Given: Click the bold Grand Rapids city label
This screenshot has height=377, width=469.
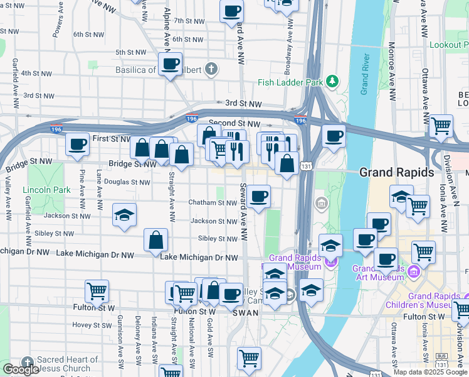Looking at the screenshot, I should tap(397, 172).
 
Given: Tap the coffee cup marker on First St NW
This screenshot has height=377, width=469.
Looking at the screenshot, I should tap(77, 145).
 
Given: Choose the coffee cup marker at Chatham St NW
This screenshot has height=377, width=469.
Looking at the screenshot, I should tap(258, 197).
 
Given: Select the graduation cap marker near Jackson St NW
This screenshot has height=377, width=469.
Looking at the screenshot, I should tap(124, 215).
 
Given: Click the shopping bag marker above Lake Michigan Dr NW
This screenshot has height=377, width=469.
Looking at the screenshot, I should tap(155, 239).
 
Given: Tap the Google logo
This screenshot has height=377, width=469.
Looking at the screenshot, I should tap(21, 369).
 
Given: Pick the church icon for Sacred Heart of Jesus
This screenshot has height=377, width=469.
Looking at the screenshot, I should tap(26, 363).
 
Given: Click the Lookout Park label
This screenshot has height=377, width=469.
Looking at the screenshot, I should tap(448, 45).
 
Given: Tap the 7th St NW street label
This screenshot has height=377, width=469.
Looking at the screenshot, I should tap(189, 21).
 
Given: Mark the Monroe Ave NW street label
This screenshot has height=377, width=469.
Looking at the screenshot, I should tap(392, 72).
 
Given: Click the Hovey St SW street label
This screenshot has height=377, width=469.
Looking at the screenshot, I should tap(92, 325).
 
